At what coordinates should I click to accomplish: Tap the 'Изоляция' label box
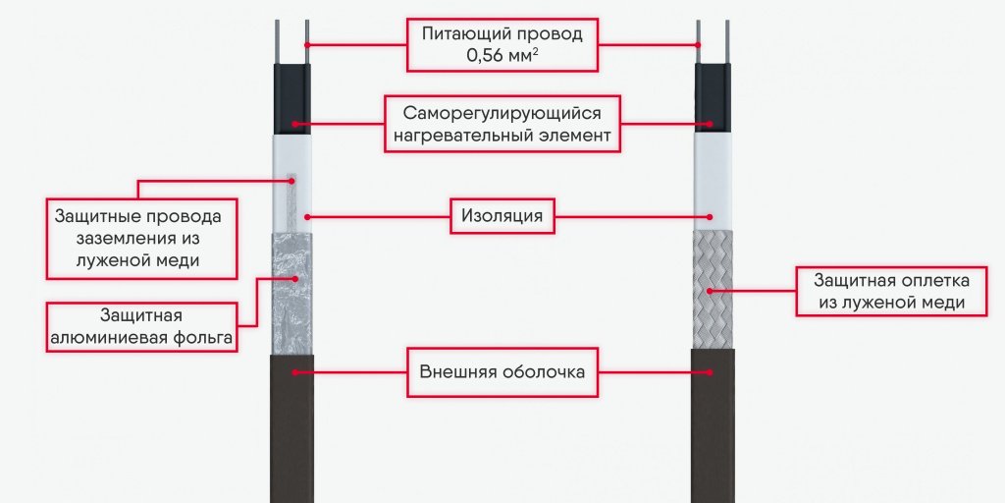(x=502, y=215)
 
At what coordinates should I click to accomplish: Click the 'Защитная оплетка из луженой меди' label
(x=891, y=291)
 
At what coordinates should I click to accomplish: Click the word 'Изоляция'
(x=502, y=215)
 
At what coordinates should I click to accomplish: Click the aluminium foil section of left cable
(x=292, y=295)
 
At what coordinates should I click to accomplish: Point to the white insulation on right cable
(x=713, y=182)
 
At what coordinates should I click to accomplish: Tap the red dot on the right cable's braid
(x=712, y=291)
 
